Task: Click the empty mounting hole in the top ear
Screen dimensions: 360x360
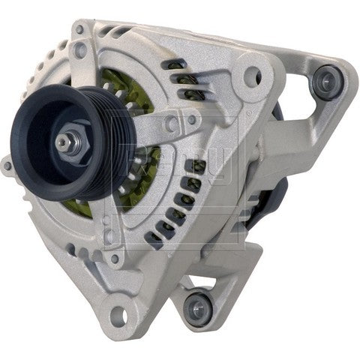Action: (x=253, y=76)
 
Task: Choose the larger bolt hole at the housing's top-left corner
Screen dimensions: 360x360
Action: (x=80, y=51)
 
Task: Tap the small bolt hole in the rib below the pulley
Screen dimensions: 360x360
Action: (x=114, y=258)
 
